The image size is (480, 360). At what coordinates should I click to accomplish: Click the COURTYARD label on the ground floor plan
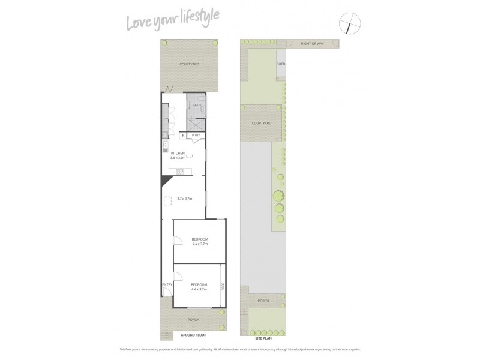point(189,64)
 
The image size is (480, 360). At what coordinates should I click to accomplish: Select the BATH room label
point(196,106)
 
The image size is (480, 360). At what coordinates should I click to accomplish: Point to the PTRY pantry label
point(196,136)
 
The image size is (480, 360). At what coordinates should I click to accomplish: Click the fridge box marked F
point(183,136)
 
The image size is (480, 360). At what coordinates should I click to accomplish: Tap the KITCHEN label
point(179,154)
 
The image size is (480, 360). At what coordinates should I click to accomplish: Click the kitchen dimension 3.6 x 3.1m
point(179,158)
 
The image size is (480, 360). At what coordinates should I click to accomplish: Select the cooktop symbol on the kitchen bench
point(179,172)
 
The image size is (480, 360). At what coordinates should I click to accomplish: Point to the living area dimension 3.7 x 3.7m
point(184,199)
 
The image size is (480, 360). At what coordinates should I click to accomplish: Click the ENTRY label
point(167,284)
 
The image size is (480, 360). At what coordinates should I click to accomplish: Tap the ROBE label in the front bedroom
point(221,286)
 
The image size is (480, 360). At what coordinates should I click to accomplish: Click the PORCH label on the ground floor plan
point(193,319)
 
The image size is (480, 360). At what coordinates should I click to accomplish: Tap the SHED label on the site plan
point(280,64)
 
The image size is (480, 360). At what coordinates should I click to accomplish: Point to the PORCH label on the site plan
point(263,301)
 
